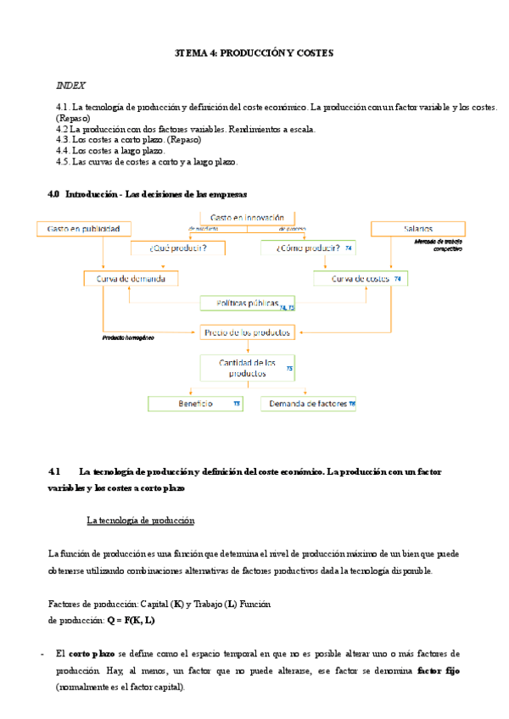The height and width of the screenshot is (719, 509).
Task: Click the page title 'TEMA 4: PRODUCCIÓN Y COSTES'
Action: click(255, 53)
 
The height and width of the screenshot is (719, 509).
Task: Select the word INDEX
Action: click(70, 86)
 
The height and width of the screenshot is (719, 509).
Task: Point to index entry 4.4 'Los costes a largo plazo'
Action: click(109, 150)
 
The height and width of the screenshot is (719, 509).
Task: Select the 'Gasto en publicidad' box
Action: click(84, 229)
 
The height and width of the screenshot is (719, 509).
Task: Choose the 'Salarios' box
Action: click(417, 229)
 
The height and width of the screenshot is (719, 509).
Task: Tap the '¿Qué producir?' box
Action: click(178, 248)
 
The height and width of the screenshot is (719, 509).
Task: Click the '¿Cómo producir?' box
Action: click(309, 248)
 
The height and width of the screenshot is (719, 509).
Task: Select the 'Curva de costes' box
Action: click(361, 278)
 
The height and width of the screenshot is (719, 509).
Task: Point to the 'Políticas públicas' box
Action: click(247, 303)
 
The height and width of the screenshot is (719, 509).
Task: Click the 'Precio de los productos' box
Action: click(247, 332)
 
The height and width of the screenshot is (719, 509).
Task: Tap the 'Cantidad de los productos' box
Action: click(247, 368)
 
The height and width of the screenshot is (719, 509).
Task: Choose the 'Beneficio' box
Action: click(195, 404)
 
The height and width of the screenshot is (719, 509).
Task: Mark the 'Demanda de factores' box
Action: click(309, 404)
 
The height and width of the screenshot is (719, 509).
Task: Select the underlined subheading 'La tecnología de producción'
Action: click(141, 520)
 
